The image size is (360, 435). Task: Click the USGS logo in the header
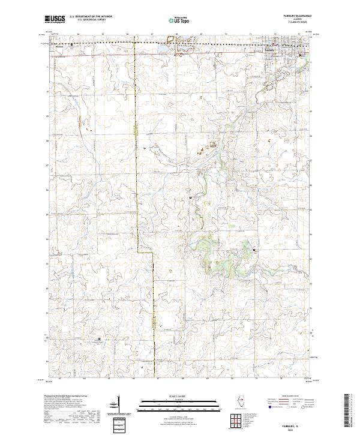56,20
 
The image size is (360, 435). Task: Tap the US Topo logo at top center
179,20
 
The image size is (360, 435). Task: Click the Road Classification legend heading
285,397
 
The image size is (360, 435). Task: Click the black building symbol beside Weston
73,44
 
